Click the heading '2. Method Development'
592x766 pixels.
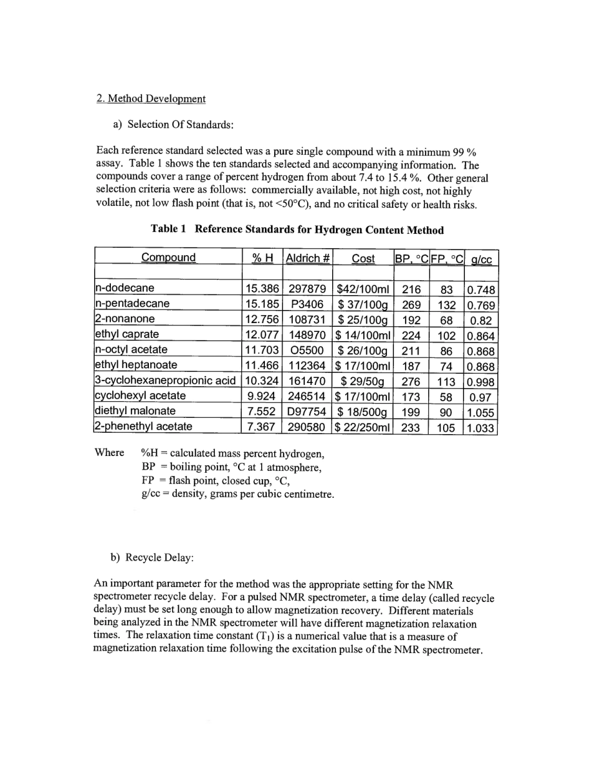pos(151,99)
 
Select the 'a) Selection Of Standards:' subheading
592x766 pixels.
pos(173,124)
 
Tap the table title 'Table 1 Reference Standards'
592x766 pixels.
pos(297,230)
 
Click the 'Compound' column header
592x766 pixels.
pos(168,258)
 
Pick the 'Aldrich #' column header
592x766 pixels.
pos(308,258)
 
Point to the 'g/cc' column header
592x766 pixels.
pos(482,258)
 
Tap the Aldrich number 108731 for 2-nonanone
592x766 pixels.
pos(308,319)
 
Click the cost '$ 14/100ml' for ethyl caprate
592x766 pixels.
pos(363,334)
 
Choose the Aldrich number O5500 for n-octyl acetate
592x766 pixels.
pos(308,350)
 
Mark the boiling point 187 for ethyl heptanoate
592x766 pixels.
pos(411,366)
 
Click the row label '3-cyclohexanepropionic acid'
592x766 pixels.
pos(165,381)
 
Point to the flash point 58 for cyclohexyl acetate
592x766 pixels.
pos(446,396)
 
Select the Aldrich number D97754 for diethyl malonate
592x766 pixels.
pos(308,411)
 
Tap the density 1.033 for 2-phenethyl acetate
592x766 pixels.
pos(480,427)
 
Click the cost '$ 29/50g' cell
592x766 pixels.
pos(363,381)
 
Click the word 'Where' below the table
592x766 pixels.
pos(109,452)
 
